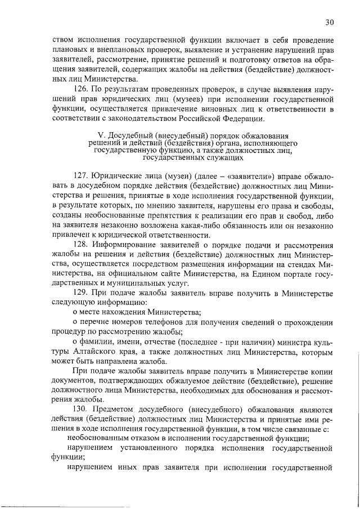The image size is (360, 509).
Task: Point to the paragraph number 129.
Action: [x=82, y=294]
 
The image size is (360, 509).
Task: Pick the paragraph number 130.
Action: [x=82, y=411]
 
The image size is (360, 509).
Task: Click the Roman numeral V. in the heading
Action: [x=102, y=136]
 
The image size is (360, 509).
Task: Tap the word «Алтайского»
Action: [x=94, y=352]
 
